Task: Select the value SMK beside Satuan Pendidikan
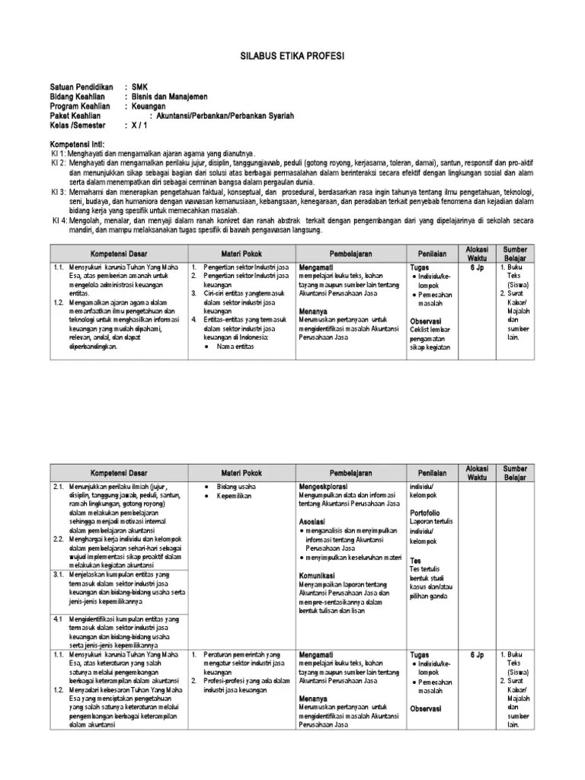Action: pyautogui.click(x=140, y=88)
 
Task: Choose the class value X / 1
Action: pyautogui.click(x=138, y=124)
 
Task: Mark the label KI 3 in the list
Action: pyautogui.click(x=58, y=192)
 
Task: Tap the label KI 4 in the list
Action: pyautogui.click(x=58, y=221)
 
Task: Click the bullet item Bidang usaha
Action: pyautogui.click(x=236, y=486)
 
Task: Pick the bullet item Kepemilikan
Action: pyautogui.click(x=237, y=497)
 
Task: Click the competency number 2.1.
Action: pyautogui.click(x=58, y=486)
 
